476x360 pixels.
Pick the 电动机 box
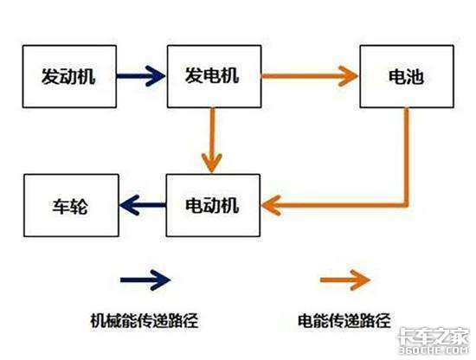(x=212, y=205)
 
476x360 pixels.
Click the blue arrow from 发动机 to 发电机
(x=138, y=75)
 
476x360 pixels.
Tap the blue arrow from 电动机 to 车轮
(x=142, y=205)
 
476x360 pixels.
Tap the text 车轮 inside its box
(x=66, y=206)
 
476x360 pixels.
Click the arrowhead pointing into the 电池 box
(x=350, y=75)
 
